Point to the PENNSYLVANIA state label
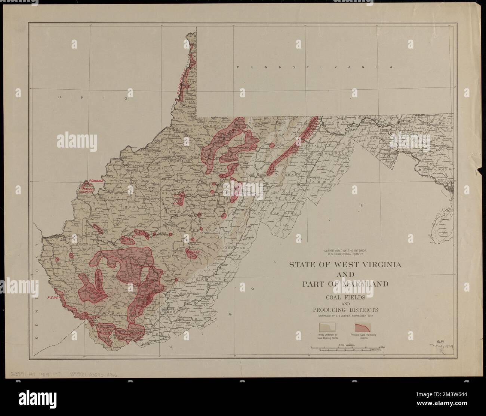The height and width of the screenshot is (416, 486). coord(315,67)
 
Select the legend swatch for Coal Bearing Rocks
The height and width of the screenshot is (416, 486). coord(328,326)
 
